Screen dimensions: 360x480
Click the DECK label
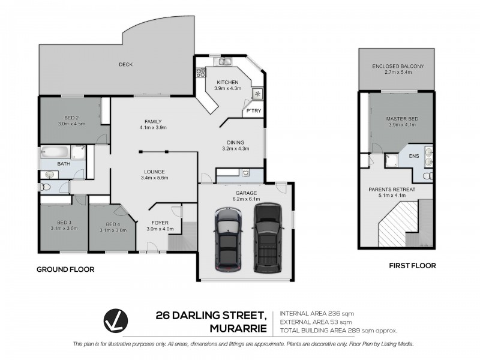[125, 64]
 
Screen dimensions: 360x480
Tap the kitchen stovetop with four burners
[200, 74]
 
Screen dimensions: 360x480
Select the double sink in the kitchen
[226, 61]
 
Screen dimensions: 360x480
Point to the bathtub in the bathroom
[55, 152]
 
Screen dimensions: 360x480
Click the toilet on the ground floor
[43, 187]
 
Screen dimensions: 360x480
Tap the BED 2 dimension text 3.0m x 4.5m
[71, 124]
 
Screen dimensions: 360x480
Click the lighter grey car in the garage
[227, 237]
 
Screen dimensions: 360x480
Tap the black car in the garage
[266, 237]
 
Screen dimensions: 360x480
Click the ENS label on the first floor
[413, 156]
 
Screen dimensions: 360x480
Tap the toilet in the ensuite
[426, 176]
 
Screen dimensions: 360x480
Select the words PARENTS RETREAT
[392, 189]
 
